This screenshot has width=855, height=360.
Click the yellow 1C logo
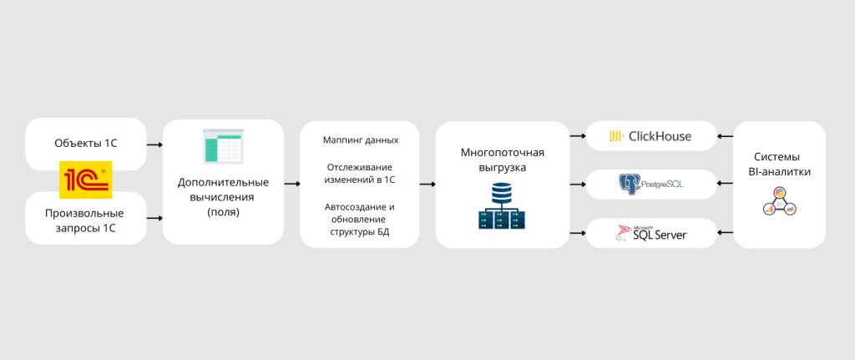[x=85, y=179]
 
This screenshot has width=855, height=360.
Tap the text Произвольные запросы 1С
[x=85, y=220]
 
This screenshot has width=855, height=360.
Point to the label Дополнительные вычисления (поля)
[x=223, y=197]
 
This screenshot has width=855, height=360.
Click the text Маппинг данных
[x=360, y=140]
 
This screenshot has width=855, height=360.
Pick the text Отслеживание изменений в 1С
[x=360, y=173]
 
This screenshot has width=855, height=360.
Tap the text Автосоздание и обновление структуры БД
[x=360, y=219]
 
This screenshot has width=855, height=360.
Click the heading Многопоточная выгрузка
[x=502, y=160]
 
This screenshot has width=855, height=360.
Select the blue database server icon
[x=501, y=206]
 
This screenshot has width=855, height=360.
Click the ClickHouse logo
[x=650, y=136]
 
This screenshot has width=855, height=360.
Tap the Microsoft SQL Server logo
[x=650, y=233]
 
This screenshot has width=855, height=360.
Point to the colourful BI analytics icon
[x=780, y=202]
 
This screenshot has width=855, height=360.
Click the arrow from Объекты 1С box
[x=154, y=145]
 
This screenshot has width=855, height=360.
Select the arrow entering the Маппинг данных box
[x=291, y=183]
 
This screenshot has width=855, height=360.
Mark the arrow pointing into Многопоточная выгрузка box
[x=427, y=183]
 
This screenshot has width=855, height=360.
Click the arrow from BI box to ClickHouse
[x=724, y=135]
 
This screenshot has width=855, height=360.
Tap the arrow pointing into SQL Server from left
[x=577, y=233]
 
